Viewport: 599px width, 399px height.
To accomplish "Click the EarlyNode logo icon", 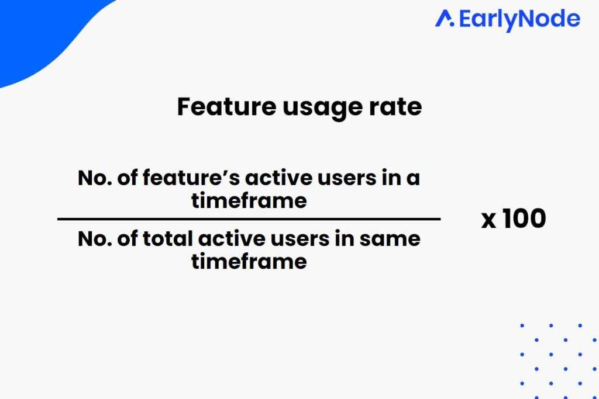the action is tap(445, 19).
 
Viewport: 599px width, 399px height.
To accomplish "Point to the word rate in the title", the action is tap(395, 107).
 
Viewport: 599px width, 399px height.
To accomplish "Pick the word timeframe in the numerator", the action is tap(249, 200).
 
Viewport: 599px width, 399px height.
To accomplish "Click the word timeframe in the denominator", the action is tap(249, 262).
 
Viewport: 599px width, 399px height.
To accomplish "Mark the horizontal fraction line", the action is tap(249, 219).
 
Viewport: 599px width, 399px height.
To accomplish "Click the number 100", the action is tap(524, 219).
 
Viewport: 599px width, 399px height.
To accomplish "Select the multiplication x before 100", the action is tap(488, 221).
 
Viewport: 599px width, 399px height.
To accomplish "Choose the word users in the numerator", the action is tap(347, 179).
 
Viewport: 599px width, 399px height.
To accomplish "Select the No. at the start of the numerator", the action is tap(95, 178).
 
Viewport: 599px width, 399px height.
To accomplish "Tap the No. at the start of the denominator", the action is tap(95, 239).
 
